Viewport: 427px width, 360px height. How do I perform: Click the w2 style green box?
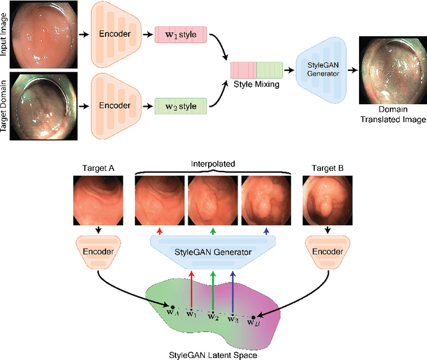180,104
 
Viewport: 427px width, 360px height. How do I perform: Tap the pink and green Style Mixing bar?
256,69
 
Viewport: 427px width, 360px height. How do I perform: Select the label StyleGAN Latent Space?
211,353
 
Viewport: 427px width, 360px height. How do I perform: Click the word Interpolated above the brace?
212,164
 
